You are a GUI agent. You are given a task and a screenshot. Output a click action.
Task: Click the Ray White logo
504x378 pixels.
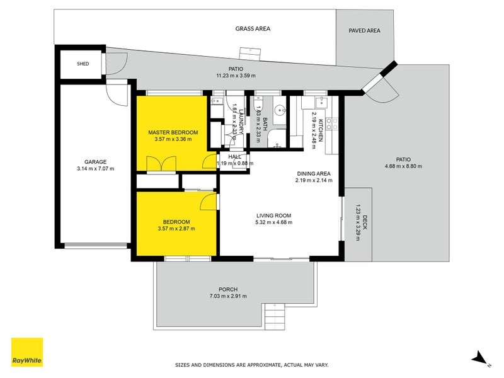[27, 352]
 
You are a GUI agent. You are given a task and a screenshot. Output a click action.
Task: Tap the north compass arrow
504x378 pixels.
[481, 358]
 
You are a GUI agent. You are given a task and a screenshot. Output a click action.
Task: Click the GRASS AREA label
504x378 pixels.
[253, 28]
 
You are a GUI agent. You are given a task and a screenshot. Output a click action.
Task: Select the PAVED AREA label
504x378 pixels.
[365, 29]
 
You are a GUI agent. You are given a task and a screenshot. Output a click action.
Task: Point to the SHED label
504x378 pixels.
[83, 64]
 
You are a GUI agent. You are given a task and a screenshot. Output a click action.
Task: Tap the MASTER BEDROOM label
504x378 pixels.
[173, 132]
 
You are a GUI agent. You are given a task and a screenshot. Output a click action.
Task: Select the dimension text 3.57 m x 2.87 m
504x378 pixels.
[176, 228]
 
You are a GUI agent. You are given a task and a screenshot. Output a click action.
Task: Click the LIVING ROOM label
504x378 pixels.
[273, 215]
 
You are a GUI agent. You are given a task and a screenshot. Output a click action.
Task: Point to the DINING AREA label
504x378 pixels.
[313, 173]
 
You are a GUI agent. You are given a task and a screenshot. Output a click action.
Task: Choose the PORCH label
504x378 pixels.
[228, 289]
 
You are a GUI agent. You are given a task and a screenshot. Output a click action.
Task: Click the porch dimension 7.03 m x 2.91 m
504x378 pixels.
[228, 296]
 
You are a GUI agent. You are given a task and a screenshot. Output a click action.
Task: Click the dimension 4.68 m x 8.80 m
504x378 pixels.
[403, 166]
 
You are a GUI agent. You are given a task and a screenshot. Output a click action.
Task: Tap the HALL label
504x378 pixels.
[234, 156]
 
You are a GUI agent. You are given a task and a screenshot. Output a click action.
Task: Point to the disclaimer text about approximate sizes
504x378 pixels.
[251, 364]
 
